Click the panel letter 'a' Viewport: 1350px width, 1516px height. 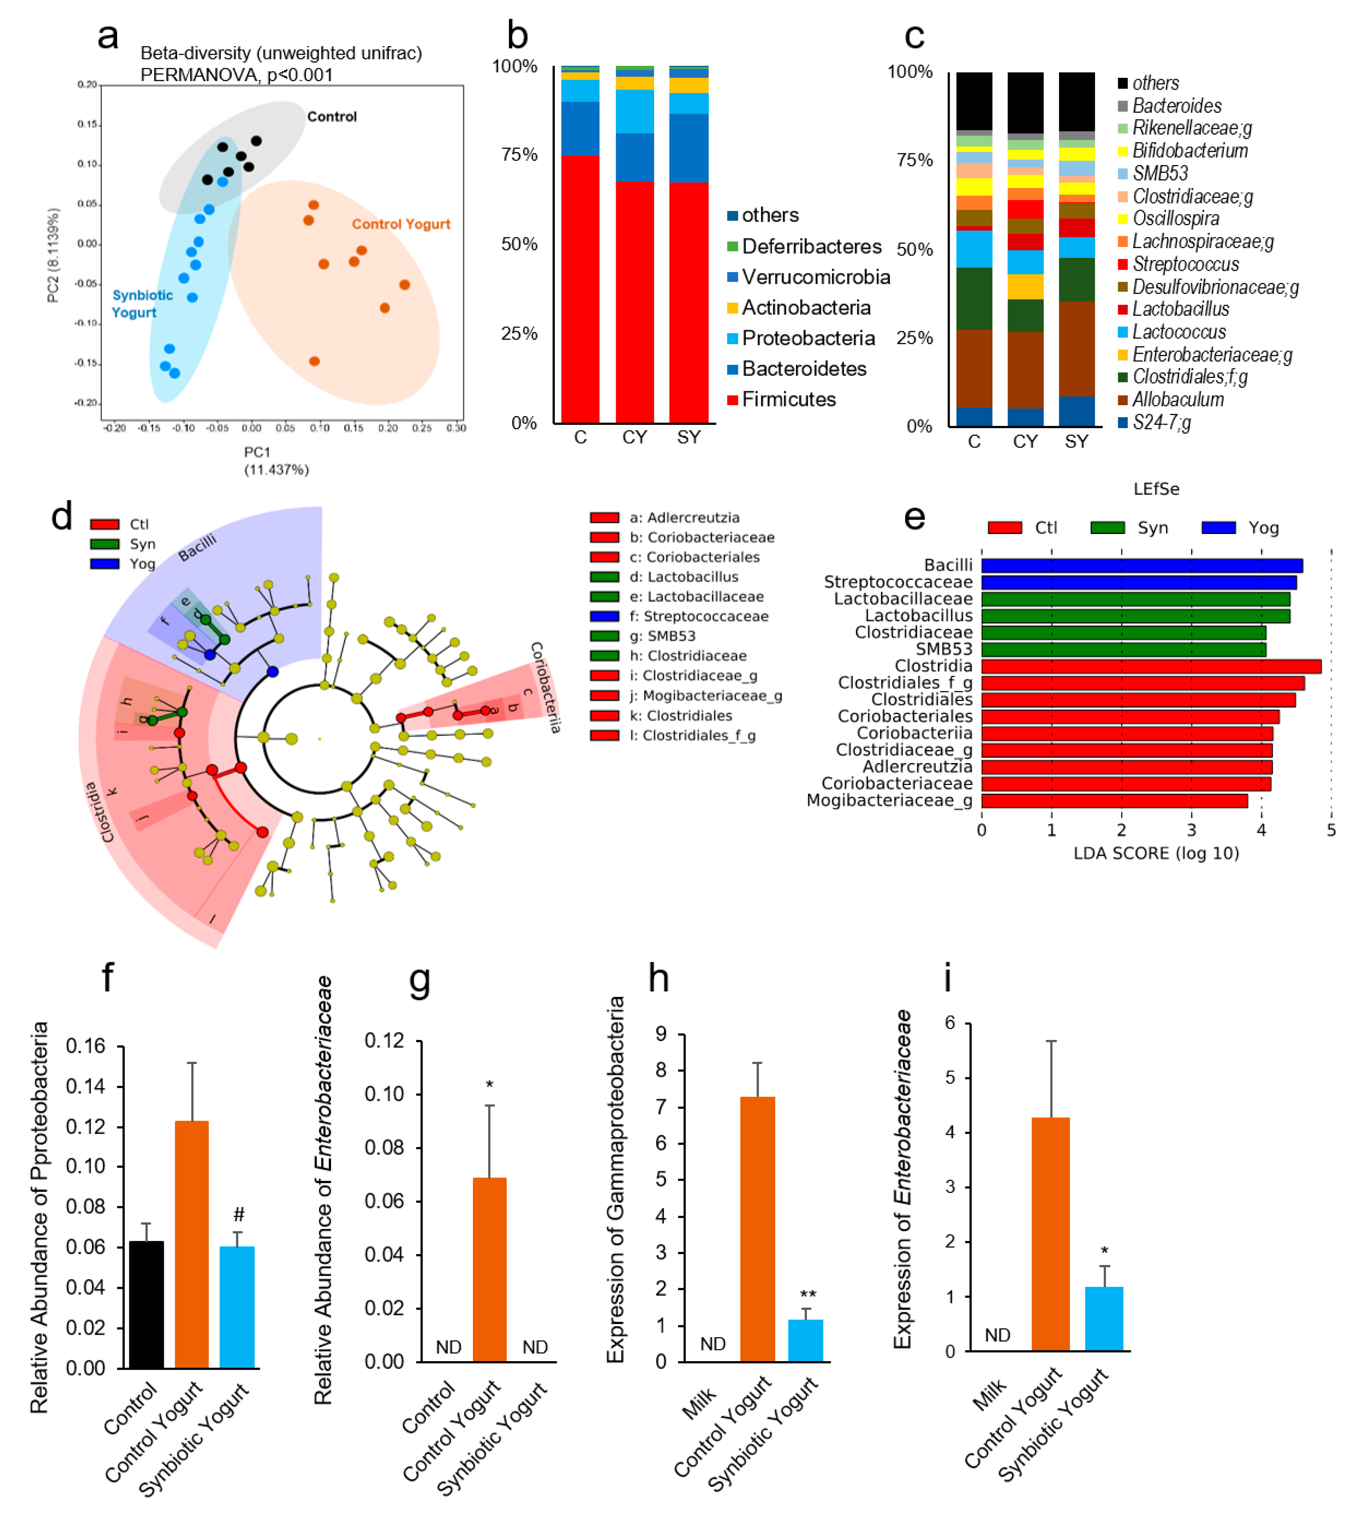click(108, 36)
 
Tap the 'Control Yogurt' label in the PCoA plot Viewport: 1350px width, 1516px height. click(400, 224)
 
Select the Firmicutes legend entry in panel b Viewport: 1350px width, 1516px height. click(788, 400)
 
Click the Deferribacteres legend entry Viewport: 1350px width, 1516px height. click(811, 247)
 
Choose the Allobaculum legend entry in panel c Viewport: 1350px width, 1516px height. click(1177, 400)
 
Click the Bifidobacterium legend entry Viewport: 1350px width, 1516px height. click(1189, 151)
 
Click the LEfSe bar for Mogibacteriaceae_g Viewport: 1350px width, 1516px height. click(1114, 801)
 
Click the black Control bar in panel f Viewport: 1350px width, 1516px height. click(146, 1304)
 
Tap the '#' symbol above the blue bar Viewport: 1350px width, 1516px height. click(238, 1215)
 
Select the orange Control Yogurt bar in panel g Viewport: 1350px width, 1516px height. click(490, 1269)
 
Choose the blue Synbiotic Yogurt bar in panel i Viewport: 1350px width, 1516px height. click(1104, 1319)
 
